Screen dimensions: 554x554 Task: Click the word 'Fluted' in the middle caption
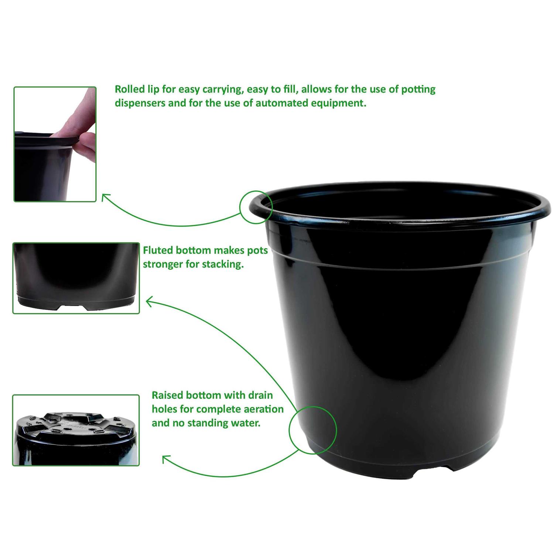point(158,250)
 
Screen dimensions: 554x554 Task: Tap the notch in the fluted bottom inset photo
point(72,307)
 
